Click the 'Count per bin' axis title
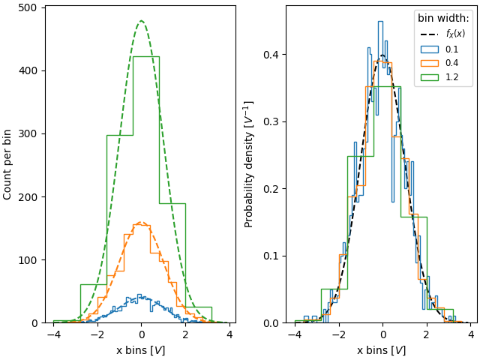click(x=8, y=163)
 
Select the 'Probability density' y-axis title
click(x=249, y=163)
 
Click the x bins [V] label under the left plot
click(x=140, y=350)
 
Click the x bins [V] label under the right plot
click(x=381, y=350)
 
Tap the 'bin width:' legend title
click(x=443, y=18)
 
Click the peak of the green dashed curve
click(x=141, y=21)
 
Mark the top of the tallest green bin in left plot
click(x=145, y=56)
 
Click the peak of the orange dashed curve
click(x=141, y=222)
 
